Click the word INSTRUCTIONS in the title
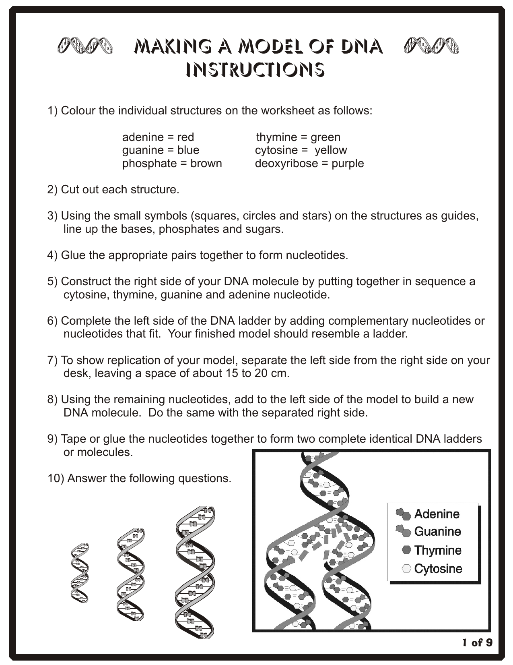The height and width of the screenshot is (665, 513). tap(255, 70)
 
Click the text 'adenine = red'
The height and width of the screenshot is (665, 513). tap(158, 137)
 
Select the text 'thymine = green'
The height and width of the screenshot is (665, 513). tap(298, 137)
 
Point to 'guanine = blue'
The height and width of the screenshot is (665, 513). tap(161, 150)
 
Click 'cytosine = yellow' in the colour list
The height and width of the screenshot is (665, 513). tap(301, 150)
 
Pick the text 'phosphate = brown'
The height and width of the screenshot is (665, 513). tap(172, 164)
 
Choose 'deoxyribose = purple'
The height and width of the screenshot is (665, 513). tap(309, 164)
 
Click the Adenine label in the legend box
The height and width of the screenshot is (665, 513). tap(437, 514)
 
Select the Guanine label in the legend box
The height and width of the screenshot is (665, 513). tap(437, 532)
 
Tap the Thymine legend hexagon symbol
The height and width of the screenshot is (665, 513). tap(406, 550)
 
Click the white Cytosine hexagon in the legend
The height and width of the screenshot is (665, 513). tap(406, 569)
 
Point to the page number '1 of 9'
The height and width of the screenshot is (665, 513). tap(477, 642)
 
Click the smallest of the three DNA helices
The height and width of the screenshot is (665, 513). tap(80, 573)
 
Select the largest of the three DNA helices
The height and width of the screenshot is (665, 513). tap(195, 572)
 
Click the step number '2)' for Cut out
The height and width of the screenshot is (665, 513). tap(53, 190)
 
